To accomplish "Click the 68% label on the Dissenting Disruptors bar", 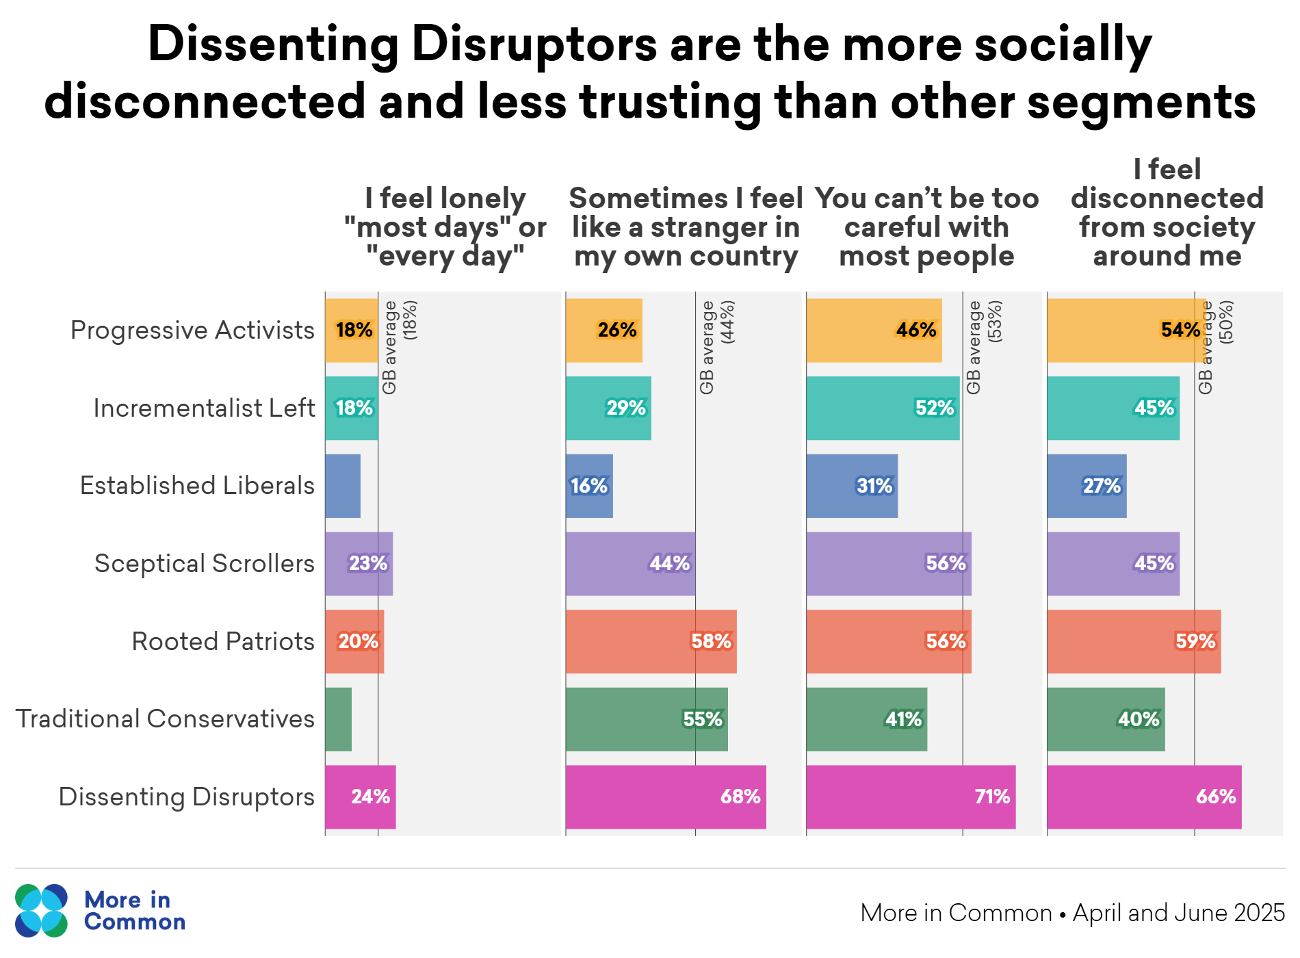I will pos(740,797).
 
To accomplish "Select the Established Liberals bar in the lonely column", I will pos(342,486).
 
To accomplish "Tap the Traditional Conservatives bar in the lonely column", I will pos(338,719).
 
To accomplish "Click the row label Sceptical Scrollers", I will pos(204,564).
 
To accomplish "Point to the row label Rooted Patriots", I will pos(222,642).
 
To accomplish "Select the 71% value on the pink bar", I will pos(992,797).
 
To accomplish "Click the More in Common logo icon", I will pos(41,911).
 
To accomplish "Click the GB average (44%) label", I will pos(716,347).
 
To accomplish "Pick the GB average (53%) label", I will pos(983,347).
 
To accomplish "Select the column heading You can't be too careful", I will pos(926,227).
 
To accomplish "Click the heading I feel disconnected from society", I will pos(1167,213).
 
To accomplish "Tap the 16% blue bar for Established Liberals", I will pos(589,486).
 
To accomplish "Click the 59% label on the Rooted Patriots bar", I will pos(1195,642).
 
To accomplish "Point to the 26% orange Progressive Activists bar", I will pos(603,331).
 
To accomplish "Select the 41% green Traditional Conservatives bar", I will pos(866,719).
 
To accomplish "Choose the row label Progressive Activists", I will pos(192,331).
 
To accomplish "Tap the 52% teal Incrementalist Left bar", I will pos(883,409).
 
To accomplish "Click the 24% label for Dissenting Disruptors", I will pos(370,797).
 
